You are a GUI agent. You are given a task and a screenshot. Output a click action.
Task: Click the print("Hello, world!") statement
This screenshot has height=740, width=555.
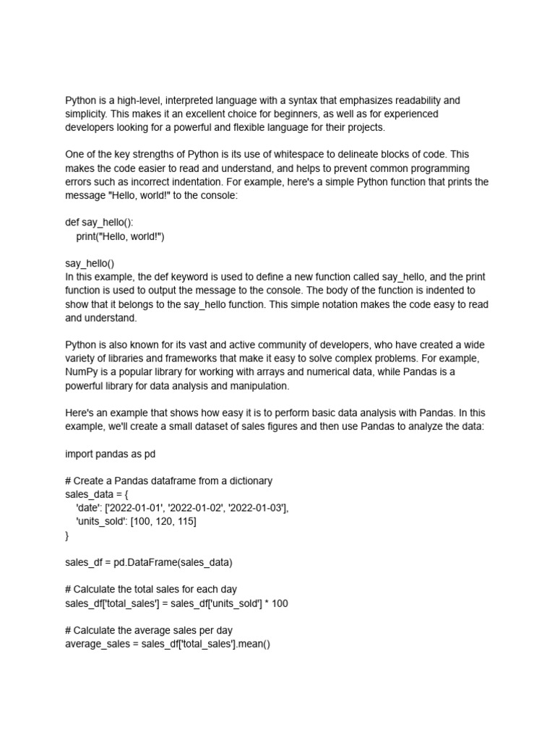[121, 236]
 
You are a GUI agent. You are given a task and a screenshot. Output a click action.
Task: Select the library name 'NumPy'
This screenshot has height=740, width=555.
[81, 372]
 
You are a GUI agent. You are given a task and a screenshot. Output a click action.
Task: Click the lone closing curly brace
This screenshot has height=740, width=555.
[67, 535]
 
